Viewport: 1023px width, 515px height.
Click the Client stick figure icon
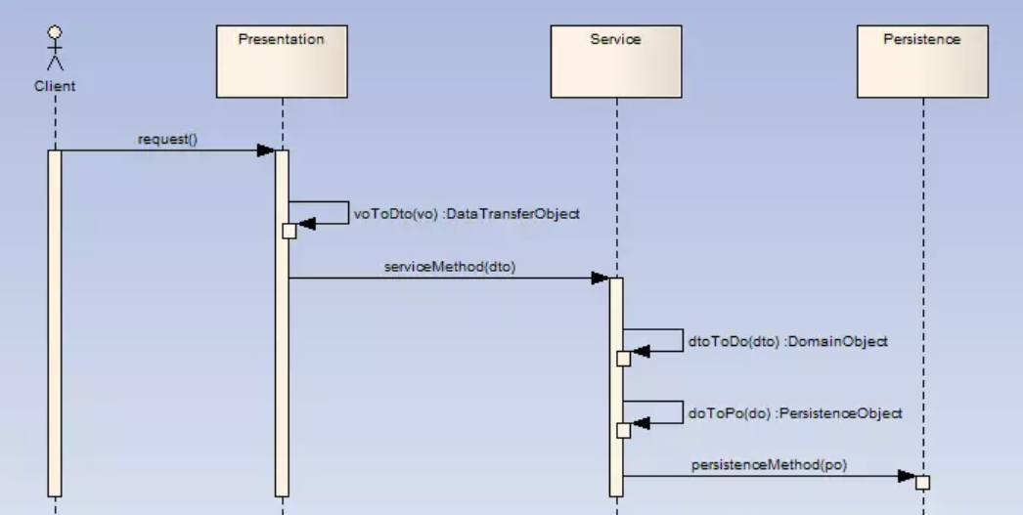[55, 50]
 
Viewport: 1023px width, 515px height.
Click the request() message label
[168, 138]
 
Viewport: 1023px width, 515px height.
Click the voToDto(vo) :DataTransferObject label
[467, 214]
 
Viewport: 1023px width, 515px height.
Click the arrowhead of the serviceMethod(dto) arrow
[600, 279]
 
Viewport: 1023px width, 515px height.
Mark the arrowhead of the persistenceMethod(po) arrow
[906, 477]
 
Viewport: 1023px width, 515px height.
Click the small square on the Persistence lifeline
[922, 482]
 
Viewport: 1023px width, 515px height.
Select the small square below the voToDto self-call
[289, 231]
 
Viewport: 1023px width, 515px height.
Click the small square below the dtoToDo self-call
[623, 359]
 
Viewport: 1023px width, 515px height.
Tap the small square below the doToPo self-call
[623, 431]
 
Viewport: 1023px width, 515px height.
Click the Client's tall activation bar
[55, 322]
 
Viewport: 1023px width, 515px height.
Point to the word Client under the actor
[55, 86]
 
